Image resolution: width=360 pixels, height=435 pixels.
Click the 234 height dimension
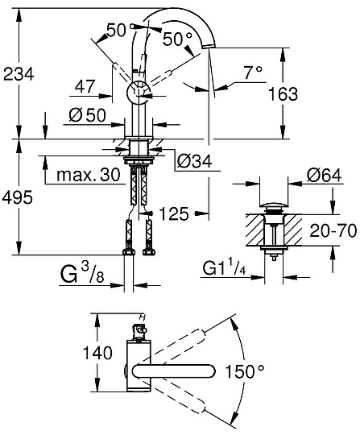point(19,74)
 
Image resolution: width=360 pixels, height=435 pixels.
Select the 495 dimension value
point(18,197)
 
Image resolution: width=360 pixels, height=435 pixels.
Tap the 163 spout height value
point(283,93)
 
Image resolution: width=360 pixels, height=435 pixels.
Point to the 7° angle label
point(253,72)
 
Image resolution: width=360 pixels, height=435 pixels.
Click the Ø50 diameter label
point(87,115)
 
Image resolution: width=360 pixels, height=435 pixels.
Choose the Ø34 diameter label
point(195,161)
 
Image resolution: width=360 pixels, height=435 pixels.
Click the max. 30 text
point(89,175)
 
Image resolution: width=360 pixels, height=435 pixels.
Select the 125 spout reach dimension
point(174,214)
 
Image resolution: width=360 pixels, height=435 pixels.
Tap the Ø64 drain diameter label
point(325,175)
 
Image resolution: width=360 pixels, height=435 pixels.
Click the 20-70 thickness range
point(333,230)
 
